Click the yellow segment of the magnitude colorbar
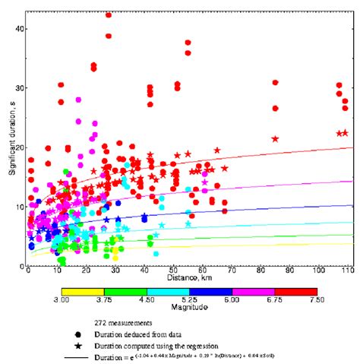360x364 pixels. (x=82, y=291)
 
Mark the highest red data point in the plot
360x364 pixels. (x=109, y=14)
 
